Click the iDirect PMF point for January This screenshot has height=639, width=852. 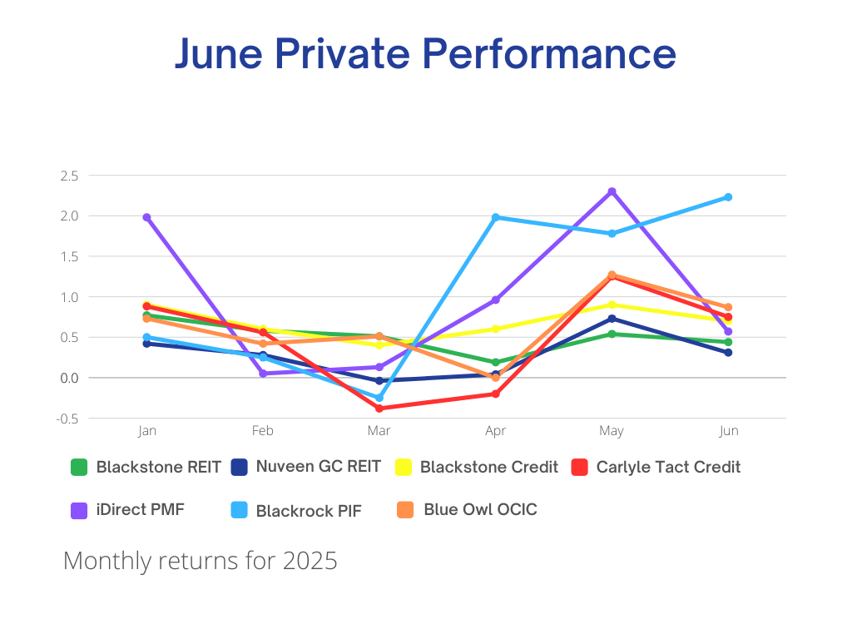[x=146, y=217]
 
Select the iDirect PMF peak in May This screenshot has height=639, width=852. [x=612, y=191]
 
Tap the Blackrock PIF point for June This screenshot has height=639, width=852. [x=728, y=197]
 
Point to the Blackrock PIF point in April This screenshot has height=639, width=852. [x=495, y=217]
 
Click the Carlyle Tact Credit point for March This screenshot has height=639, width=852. [x=379, y=408]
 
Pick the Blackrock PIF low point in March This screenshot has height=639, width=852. [x=379, y=398]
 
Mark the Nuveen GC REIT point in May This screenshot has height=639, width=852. [x=612, y=319]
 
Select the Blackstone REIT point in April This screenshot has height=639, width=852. [x=495, y=362]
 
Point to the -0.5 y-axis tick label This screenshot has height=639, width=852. [x=67, y=419]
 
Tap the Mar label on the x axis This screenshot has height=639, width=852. [x=379, y=431]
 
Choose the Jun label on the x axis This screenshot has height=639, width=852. [x=728, y=431]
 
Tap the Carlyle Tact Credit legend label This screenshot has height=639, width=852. [x=668, y=467]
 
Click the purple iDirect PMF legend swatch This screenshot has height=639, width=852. [x=79, y=510]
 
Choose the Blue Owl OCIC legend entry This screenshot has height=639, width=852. [x=480, y=509]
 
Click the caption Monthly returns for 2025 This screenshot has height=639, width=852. [x=201, y=561]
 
